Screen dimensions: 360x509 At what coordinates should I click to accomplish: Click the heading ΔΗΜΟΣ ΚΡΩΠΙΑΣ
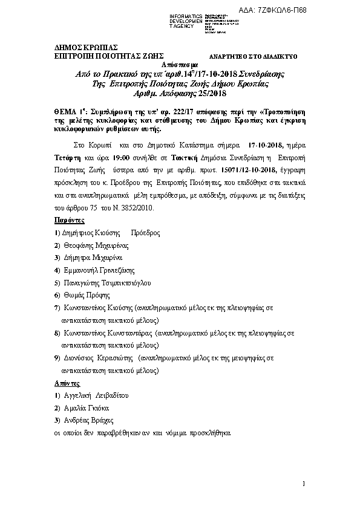click(86, 47)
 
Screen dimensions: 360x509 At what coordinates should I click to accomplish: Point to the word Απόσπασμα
click(180, 63)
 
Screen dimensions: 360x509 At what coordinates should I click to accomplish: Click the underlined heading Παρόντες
click(69, 221)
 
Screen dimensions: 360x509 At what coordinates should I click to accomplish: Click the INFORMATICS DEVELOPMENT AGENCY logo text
click(188, 20)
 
